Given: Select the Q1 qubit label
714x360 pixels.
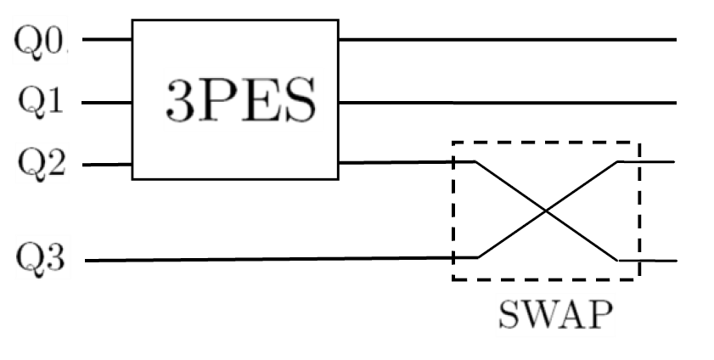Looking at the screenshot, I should pyautogui.click(x=39, y=103).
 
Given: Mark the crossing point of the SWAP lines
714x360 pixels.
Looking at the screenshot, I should pyautogui.click(x=548, y=211).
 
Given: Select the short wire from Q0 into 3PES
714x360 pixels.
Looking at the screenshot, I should pyautogui.click(x=107, y=39).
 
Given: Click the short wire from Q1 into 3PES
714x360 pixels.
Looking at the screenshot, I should pyautogui.click(x=107, y=103).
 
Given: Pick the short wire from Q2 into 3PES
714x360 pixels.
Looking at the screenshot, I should pyautogui.click(x=107, y=165).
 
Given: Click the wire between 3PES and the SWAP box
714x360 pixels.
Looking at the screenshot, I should pyautogui.click(x=395, y=162).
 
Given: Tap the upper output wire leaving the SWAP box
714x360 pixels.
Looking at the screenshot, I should pyautogui.click(x=657, y=161).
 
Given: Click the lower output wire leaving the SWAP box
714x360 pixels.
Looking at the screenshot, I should pyautogui.click(x=658, y=261).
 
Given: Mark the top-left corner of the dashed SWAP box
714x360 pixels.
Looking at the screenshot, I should pyautogui.click(x=453, y=142).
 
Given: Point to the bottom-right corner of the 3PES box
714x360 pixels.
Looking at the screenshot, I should pyautogui.click(x=338, y=178).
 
